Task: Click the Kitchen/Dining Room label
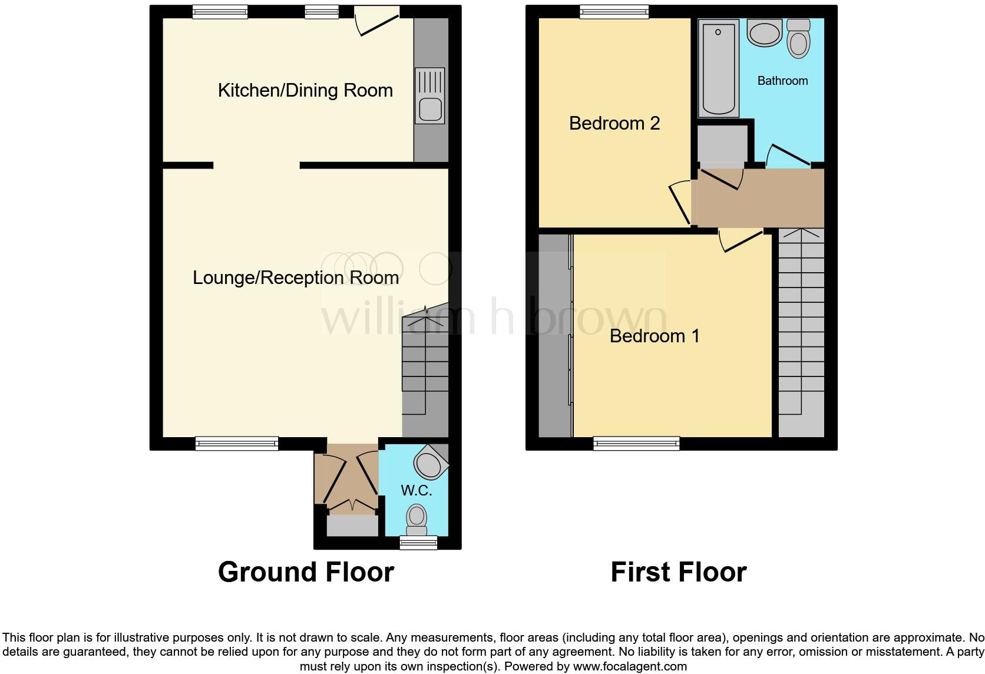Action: (305, 90)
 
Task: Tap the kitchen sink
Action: (429, 95)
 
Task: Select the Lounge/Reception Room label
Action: (296, 277)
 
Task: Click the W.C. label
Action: (416, 490)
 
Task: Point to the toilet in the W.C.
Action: (417, 518)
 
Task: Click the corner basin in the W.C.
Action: (431, 462)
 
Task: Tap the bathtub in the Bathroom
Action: (718, 68)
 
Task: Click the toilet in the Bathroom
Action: (798, 39)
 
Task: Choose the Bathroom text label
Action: (782, 81)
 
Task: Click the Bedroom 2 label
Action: (614, 123)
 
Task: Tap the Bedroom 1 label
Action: (655, 336)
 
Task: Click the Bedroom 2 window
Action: (614, 11)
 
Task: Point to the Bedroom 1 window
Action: (636, 443)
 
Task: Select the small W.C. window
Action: (418, 542)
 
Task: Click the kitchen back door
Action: (378, 21)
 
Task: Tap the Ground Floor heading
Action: (306, 572)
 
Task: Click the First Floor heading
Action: (678, 572)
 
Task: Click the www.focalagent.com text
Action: (630, 667)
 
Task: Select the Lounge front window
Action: (237, 443)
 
